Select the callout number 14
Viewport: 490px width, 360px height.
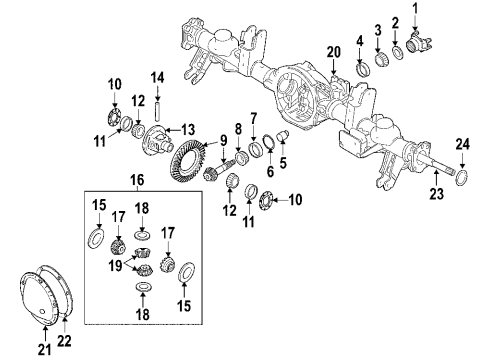[157, 77]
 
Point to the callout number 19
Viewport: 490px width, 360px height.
[119, 267]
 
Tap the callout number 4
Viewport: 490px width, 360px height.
[358, 41]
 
